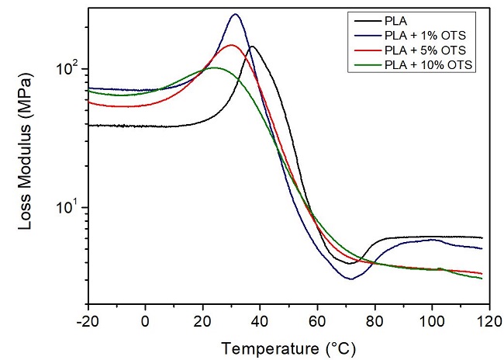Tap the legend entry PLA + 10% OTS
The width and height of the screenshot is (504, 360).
431,65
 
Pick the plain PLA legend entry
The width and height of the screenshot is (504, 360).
393,21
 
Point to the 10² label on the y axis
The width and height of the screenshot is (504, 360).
67,69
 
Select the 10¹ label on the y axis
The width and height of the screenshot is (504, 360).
67,208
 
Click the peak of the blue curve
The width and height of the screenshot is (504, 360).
236,15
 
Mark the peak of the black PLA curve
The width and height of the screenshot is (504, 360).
252,47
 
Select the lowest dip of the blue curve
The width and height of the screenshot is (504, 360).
350,279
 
